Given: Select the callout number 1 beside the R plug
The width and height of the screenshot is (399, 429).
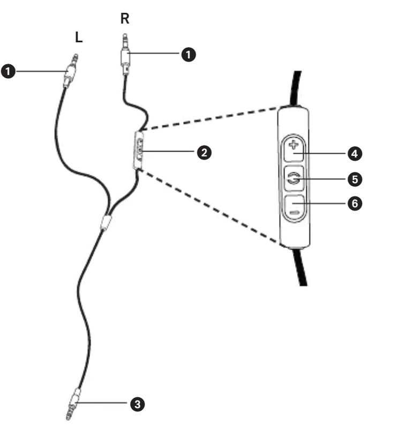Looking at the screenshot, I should [187, 54].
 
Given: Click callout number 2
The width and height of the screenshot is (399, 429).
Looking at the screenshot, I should [202, 152].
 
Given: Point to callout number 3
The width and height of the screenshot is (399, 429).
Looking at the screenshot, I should [138, 403].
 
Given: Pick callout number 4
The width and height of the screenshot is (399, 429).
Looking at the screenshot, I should [353, 153].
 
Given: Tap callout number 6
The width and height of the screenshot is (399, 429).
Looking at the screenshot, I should [353, 204].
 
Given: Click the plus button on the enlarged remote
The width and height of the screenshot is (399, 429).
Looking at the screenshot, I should [293, 147].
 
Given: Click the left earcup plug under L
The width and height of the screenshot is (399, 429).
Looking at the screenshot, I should [70, 72].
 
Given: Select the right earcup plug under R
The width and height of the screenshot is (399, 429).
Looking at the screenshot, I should [125, 54].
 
